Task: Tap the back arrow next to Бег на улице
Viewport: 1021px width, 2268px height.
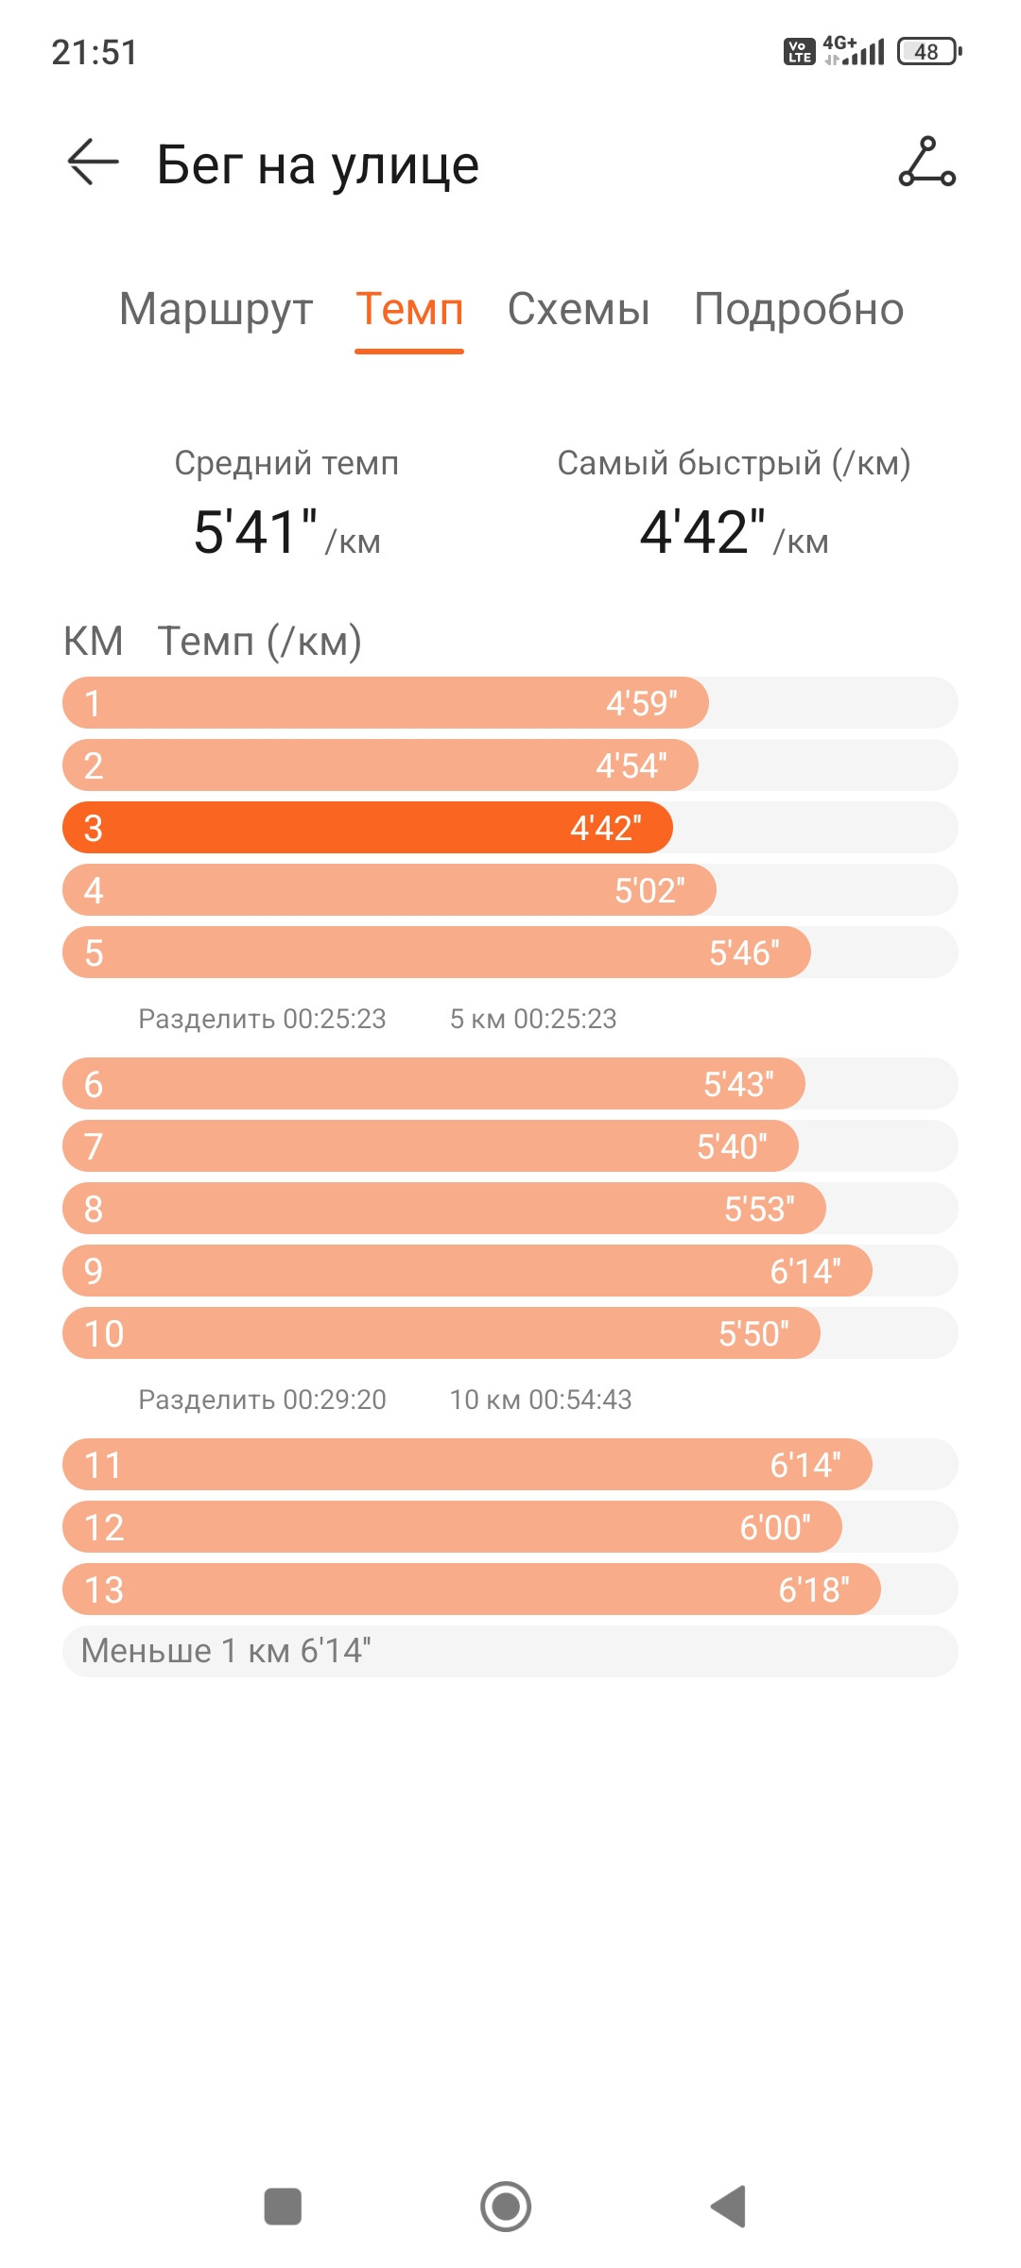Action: (93, 163)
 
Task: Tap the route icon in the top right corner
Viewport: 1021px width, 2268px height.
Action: (926, 162)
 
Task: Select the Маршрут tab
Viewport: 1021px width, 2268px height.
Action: (216, 310)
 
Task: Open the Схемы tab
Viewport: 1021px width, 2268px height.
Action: (579, 309)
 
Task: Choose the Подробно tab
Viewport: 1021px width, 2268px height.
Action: (799, 309)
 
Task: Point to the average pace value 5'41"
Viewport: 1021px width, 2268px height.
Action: (255, 531)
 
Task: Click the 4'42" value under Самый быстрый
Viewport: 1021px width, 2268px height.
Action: (702, 531)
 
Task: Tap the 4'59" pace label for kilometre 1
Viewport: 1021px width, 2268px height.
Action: (642, 703)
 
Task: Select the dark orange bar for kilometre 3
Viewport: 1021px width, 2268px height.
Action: (368, 828)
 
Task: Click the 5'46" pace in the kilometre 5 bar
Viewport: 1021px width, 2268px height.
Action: (745, 953)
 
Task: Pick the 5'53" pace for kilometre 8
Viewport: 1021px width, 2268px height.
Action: (759, 1209)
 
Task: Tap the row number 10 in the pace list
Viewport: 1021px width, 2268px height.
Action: (104, 1333)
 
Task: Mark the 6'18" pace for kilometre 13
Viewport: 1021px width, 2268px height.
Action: (814, 1590)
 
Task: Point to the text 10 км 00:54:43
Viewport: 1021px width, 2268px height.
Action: (541, 1400)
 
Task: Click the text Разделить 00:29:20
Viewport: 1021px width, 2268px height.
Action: (262, 1400)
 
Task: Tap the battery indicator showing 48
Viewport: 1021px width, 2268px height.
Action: (929, 51)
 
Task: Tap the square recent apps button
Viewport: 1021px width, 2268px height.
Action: (283, 2207)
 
